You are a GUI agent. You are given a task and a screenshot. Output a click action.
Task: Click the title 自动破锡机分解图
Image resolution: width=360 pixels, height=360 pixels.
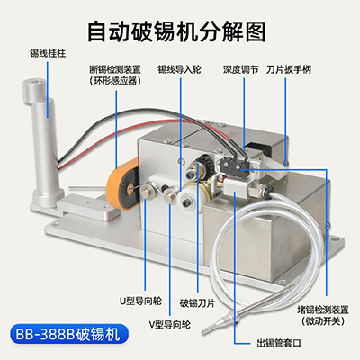click(176, 31)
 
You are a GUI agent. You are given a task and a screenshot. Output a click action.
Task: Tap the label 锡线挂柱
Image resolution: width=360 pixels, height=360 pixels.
click(48, 54)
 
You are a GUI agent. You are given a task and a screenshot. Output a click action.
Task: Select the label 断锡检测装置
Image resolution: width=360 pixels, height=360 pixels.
click(115, 69)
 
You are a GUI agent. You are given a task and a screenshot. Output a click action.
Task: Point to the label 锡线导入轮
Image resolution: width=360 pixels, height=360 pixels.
click(180, 69)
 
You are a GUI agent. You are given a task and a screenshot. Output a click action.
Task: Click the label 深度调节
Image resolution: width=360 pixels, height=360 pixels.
click(240, 69)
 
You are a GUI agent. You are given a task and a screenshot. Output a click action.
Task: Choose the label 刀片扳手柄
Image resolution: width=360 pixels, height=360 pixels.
click(289, 69)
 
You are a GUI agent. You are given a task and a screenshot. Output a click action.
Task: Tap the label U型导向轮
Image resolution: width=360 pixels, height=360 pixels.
click(141, 301)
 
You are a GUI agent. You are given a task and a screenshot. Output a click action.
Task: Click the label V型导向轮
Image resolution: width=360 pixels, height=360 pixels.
click(170, 324)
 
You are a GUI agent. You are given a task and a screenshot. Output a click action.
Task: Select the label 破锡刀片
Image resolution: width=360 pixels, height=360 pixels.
click(197, 303)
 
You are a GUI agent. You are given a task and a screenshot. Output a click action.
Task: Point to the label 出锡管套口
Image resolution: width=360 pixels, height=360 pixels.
click(279, 343)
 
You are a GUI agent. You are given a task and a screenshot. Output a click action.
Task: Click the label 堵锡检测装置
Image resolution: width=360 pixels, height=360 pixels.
click(323, 310)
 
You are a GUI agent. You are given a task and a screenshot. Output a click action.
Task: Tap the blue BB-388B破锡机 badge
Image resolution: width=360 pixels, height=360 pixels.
click(69, 334)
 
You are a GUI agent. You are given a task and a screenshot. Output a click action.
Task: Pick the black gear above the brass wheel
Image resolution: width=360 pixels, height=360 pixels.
click(205, 164)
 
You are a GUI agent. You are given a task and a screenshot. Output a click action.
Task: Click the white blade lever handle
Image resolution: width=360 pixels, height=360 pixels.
click(275, 164)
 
